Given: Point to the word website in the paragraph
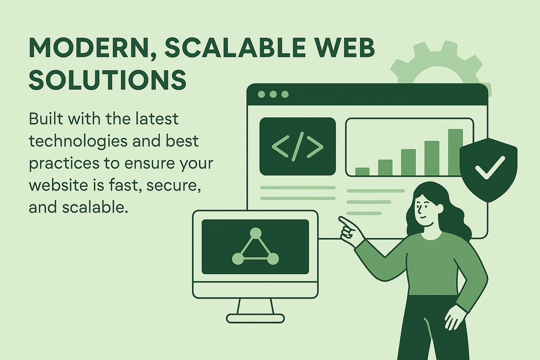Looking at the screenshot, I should [x=59, y=185].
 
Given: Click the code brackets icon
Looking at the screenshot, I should [x=297, y=146].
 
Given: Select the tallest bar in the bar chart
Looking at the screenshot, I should [x=455, y=152].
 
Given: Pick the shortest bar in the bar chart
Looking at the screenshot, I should [x=362, y=171].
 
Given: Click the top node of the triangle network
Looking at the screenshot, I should [x=255, y=233].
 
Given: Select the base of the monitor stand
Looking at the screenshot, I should [x=255, y=318].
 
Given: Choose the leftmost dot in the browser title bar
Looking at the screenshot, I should [x=261, y=94].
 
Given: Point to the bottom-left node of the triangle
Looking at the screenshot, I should [x=238, y=258].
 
